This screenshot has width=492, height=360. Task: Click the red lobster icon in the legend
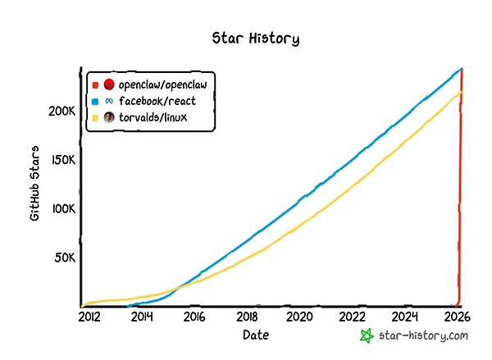point(108,85)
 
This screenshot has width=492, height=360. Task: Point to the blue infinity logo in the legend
point(108,101)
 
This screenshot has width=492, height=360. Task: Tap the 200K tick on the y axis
point(62,111)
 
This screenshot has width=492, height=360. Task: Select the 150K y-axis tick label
point(62,160)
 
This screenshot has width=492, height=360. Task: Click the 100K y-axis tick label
point(62,209)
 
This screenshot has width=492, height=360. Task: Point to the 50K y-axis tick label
point(65,257)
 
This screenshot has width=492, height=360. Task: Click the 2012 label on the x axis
point(90,317)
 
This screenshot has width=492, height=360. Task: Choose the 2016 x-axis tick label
point(194,317)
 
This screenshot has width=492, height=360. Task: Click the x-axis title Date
point(255,335)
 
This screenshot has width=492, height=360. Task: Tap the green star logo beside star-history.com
point(368,335)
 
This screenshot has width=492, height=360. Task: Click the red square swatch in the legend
point(95,85)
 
